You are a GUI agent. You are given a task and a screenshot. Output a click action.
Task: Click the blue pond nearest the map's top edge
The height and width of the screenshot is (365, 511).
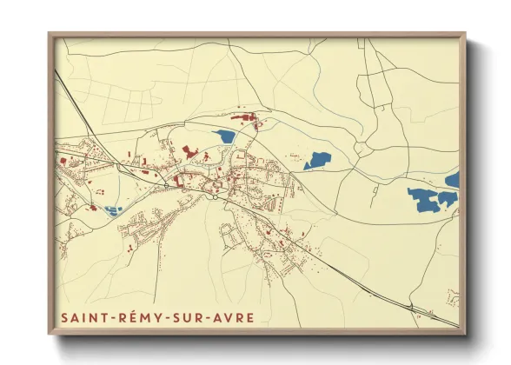click(224, 136)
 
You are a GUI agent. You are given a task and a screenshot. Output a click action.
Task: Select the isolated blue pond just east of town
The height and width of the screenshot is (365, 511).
click(317, 160)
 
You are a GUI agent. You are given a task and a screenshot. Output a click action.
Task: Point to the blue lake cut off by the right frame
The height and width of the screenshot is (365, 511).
click(453, 180)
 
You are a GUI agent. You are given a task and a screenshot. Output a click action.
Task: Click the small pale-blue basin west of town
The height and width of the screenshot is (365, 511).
click(113, 209)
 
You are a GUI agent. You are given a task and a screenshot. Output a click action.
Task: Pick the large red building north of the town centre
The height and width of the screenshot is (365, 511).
click(189, 152)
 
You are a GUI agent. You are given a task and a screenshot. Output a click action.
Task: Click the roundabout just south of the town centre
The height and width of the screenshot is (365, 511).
click(215, 196)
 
